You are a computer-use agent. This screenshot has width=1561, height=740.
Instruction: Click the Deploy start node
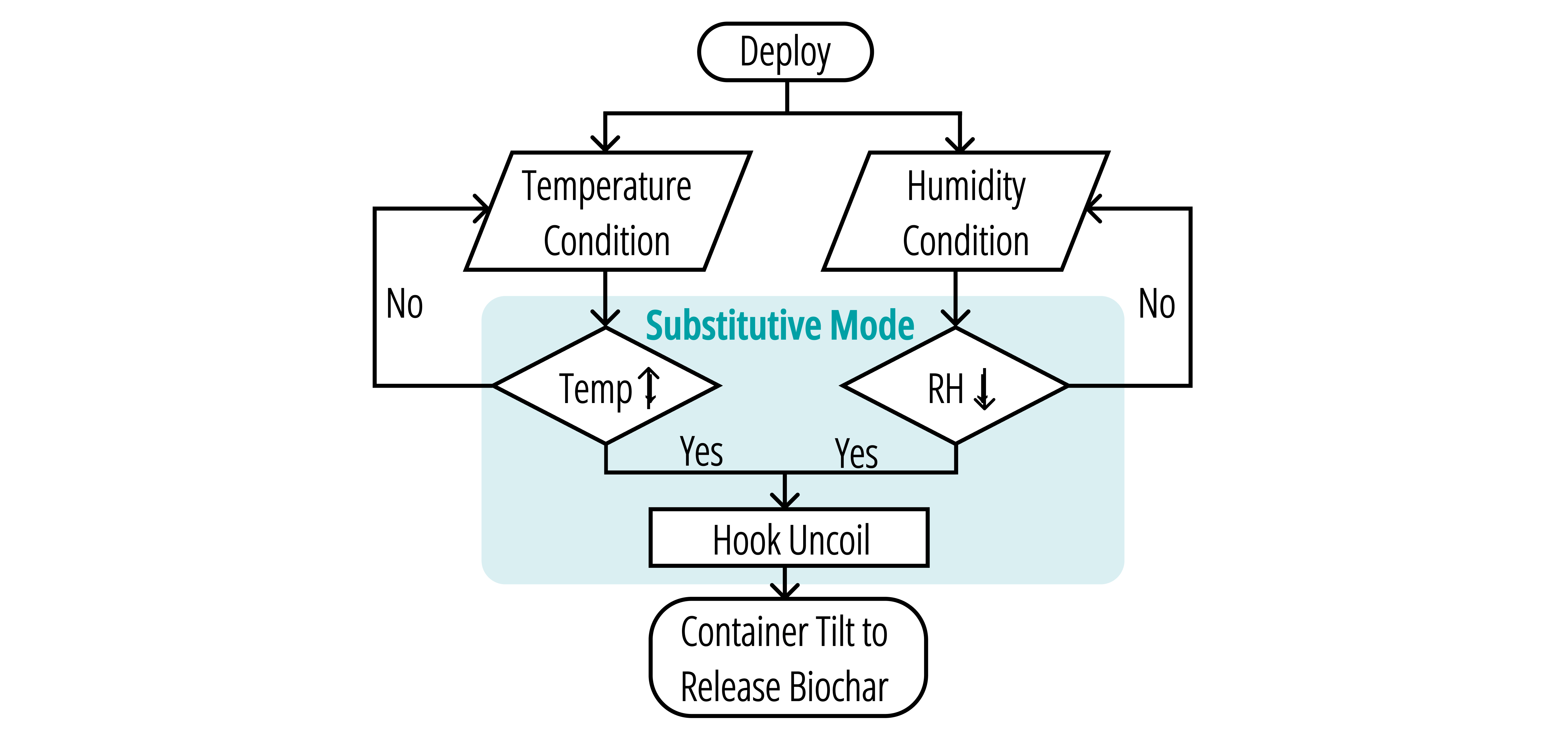pos(785,52)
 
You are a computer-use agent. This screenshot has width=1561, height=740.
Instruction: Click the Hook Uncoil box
pos(789,538)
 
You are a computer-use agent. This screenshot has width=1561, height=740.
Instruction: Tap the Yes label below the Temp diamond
pos(701,452)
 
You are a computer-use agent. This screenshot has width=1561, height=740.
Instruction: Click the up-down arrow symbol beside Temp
pos(650,388)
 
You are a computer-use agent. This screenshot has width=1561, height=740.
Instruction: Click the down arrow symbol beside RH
pos(984,389)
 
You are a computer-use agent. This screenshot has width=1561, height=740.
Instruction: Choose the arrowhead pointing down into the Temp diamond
pos(605,319)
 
